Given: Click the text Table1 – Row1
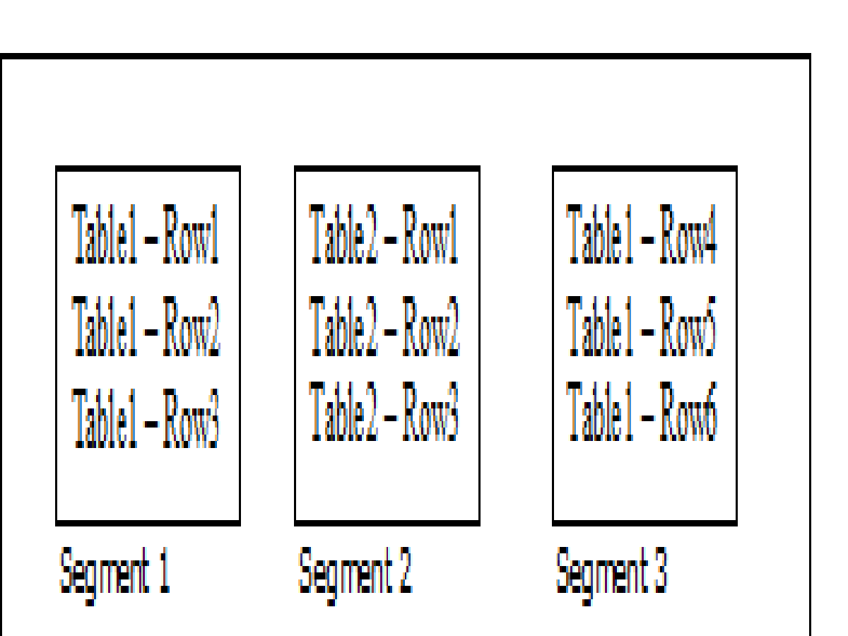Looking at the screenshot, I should [146, 235].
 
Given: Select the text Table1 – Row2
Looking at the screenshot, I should [146, 326].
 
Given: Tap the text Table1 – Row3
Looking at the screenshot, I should [146, 418].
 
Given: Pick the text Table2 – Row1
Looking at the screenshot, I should [384, 235].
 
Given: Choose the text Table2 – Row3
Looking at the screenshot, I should [384, 411].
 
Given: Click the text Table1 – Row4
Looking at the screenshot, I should [642, 235].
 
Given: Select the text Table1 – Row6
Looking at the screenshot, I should [642, 411].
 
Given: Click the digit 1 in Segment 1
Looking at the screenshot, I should [164, 571].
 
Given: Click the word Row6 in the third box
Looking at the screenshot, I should [688, 411].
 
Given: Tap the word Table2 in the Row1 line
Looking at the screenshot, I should [344, 235].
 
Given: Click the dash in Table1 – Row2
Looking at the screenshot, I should [151, 329].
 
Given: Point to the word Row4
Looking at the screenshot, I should [688, 235].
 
